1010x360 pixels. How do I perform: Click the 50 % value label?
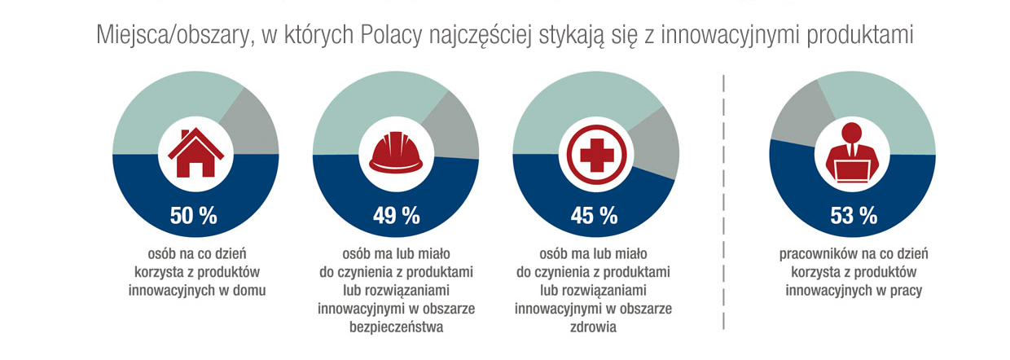[x=194, y=215]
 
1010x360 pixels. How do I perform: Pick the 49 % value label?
[x=396, y=215]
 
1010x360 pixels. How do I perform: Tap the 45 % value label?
[x=595, y=215]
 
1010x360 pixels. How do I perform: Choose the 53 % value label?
[x=853, y=215]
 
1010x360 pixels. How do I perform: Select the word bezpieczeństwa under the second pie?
[x=396, y=327]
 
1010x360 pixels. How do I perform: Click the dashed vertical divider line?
[x=723, y=204]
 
